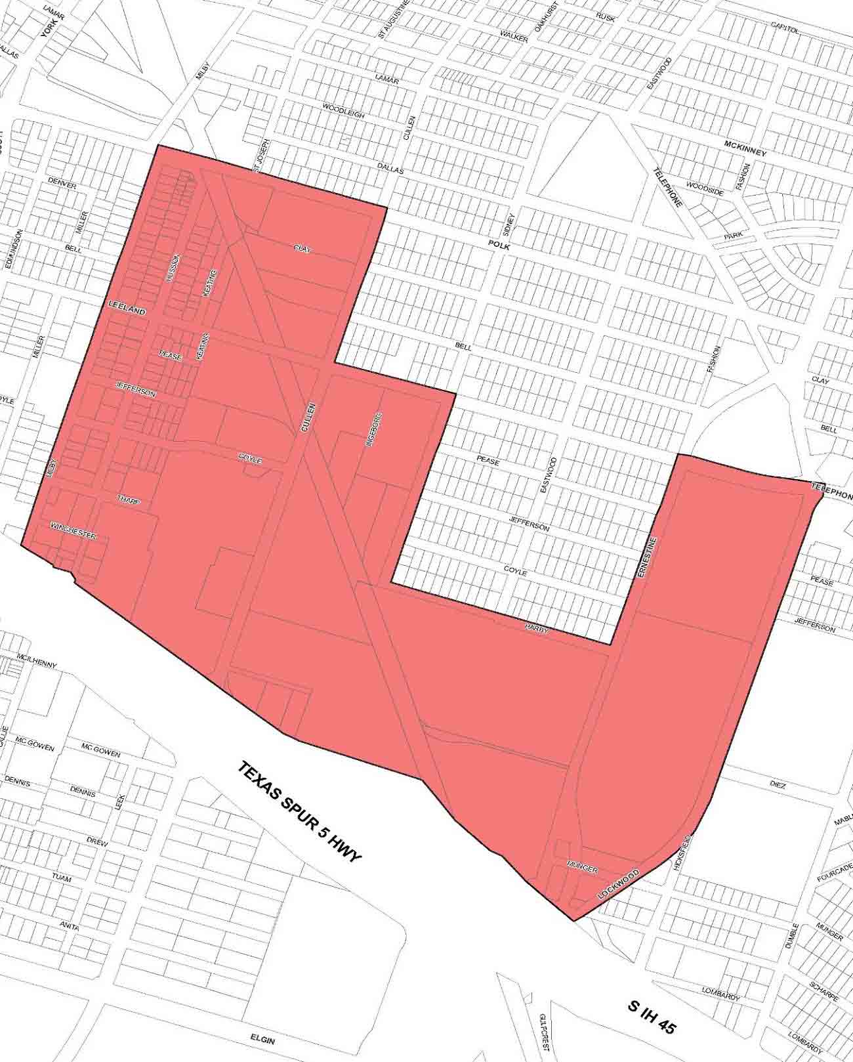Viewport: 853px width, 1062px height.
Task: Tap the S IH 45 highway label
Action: coord(650,1017)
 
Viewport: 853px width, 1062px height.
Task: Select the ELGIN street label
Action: coord(262,1041)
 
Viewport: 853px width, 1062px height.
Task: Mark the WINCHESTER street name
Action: coord(73,531)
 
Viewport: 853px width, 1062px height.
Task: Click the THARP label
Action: coord(130,499)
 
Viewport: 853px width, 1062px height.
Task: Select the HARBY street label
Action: coord(536,627)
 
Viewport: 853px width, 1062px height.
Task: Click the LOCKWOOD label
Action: coord(618,883)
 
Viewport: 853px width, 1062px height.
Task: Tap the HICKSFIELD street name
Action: coord(680,852)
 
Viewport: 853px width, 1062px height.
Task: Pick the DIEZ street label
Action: coord(777,785)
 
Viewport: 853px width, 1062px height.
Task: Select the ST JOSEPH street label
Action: coord(261,156)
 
